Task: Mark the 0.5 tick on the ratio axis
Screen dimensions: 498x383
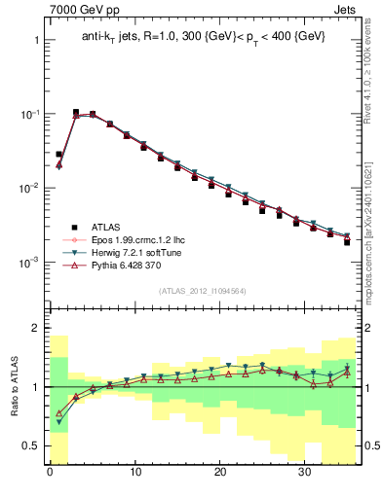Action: (31, 445)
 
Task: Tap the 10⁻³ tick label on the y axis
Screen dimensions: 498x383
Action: (29, 262)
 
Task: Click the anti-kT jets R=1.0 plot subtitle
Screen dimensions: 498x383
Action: (203, 36)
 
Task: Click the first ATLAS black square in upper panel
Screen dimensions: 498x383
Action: (58, 154)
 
